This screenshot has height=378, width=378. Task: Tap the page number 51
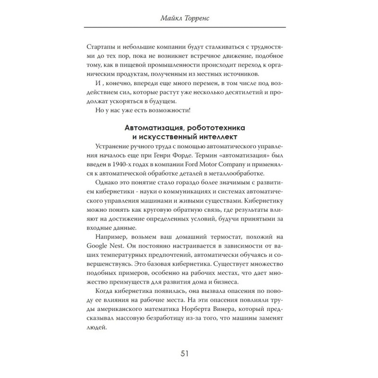[x=189, y=353]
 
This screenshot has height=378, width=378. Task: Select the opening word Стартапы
[x=103, y=46]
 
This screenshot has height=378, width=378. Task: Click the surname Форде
[x=194, y=158]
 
